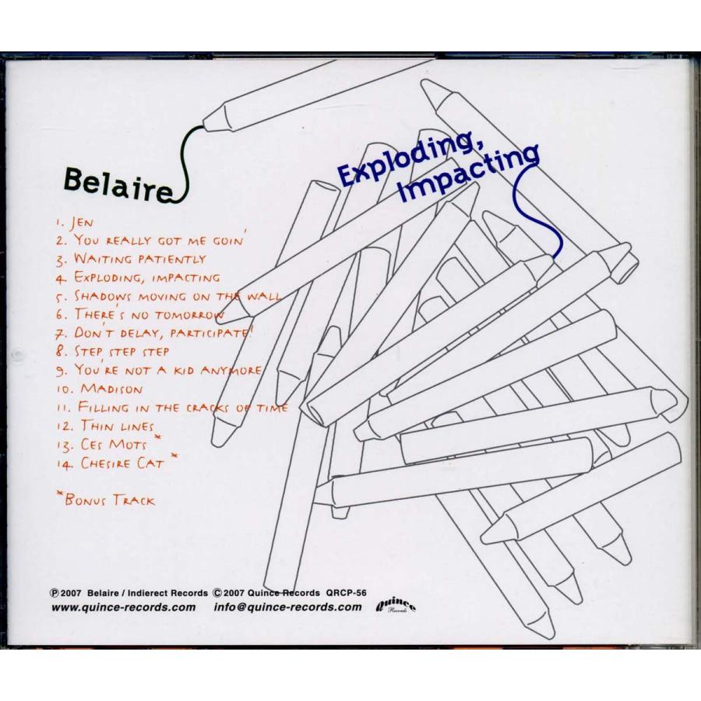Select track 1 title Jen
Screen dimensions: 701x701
click(x=85, y=222)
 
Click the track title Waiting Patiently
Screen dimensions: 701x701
click(x=140, y=258)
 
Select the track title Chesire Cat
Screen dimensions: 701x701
click(x=120, y=463)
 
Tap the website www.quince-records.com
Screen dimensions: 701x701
click(x=123, y=608)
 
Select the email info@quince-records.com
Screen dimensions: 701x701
click(x=287, y=608)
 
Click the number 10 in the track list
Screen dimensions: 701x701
click(x=65, y=389)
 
